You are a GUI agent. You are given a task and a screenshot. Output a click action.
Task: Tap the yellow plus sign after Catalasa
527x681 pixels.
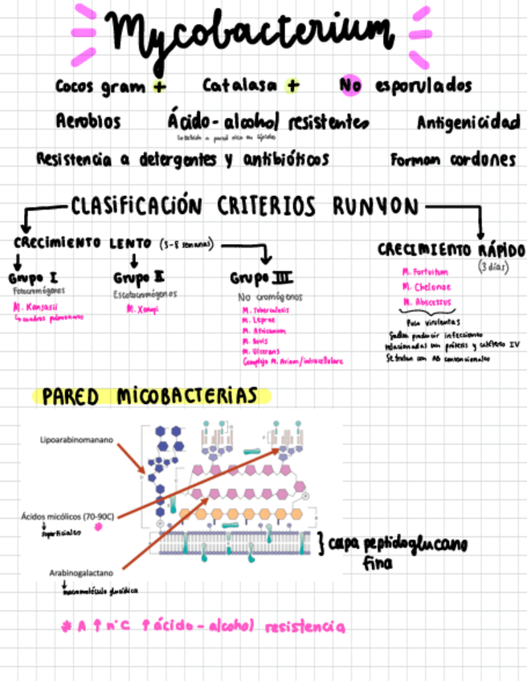click(292, 85)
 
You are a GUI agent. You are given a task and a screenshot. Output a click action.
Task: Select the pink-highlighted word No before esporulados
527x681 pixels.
click(350, 85)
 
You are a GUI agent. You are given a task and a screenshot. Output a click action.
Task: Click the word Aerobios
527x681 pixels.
click(88, 122)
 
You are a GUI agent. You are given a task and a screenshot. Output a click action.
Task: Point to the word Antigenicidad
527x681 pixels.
click(468, 123)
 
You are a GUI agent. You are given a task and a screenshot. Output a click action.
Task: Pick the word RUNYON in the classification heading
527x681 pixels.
click(376, 206)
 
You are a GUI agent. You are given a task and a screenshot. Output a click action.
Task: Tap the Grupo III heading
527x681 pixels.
click(261, 279)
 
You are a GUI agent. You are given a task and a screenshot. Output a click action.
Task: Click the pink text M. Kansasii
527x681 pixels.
click(31, 306)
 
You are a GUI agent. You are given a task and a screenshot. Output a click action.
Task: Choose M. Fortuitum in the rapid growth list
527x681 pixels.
click(425, 271)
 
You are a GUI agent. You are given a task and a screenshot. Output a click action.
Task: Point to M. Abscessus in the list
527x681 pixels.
click(427, 302)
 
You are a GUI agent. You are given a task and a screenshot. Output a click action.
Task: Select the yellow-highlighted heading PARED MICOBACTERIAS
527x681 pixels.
click(150, 396)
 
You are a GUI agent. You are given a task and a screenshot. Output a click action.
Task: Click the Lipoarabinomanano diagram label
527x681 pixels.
click(76, 440)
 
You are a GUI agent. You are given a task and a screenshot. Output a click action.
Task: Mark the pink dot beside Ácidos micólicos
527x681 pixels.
click(99, 527)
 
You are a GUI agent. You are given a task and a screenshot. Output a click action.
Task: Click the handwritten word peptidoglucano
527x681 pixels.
click(415, 545)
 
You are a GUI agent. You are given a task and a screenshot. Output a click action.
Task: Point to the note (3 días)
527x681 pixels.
click(493, 265)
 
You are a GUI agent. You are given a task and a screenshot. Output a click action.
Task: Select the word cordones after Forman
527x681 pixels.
click(481, 159)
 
